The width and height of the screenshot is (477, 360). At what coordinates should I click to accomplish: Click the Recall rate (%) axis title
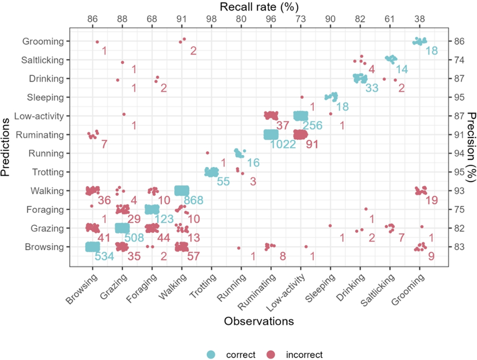coord(259,7)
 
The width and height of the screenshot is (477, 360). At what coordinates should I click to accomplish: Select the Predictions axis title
coord(5,147)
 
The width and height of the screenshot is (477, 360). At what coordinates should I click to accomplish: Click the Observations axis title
coord(259,321)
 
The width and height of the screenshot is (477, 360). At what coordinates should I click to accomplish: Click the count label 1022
coord(283,144)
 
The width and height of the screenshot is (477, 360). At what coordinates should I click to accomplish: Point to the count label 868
coord(193,200)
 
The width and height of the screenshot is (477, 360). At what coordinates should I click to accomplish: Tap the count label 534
coord(104,256)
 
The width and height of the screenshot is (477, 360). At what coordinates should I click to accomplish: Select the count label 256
coord(312,126)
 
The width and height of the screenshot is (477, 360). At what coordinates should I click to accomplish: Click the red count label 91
coord(312,144)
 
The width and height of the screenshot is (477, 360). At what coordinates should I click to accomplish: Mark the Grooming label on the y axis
coord(43,41)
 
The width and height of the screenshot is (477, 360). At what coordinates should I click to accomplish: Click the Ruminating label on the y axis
coord(40,135)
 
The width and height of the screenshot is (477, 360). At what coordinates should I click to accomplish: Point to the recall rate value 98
coord(211,19)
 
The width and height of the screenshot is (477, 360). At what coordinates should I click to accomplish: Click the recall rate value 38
coord(419,19)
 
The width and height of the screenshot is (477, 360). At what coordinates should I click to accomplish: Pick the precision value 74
coord(459,60)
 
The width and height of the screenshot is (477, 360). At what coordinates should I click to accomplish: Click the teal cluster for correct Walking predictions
coord(182,191)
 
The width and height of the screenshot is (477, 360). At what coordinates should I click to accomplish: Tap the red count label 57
coord(193,256)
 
